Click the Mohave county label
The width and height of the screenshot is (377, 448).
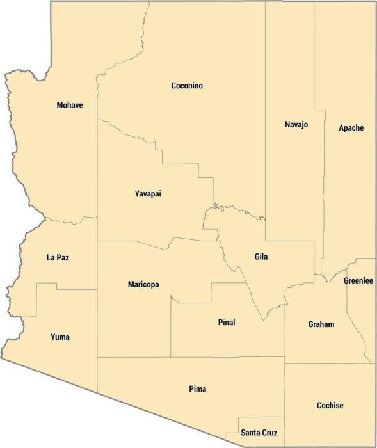[x=69, y=105]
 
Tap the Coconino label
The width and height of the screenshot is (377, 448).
[x=187, y=86]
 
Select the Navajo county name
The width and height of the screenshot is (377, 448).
[x=296, y=124]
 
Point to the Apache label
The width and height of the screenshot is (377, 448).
[x=351, y=128]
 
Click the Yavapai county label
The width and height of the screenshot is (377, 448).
[x=148, y=194]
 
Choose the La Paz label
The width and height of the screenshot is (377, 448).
[x=58, y=258]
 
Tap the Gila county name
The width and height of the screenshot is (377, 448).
[x=261, y=257]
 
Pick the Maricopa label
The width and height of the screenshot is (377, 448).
[x=143, y=284]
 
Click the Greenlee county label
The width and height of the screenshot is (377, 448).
[x=358, y=281]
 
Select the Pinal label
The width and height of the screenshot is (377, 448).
[x=227, y=323]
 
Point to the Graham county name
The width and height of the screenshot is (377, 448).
[x=321, y=324]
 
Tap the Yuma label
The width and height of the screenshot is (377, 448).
[x=60, y=337]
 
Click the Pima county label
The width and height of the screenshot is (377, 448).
[x=198, y=388]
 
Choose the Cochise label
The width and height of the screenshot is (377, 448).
[x=330, y=405]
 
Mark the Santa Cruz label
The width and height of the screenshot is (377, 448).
[x=259, y=433]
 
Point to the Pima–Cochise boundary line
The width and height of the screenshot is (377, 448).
[x=285, y=397]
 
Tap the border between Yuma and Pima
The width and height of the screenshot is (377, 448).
[x=97, y=374]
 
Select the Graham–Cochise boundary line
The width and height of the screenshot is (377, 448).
[x=326, y=364]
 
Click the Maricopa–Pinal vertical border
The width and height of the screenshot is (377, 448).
[x=171, y=326]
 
